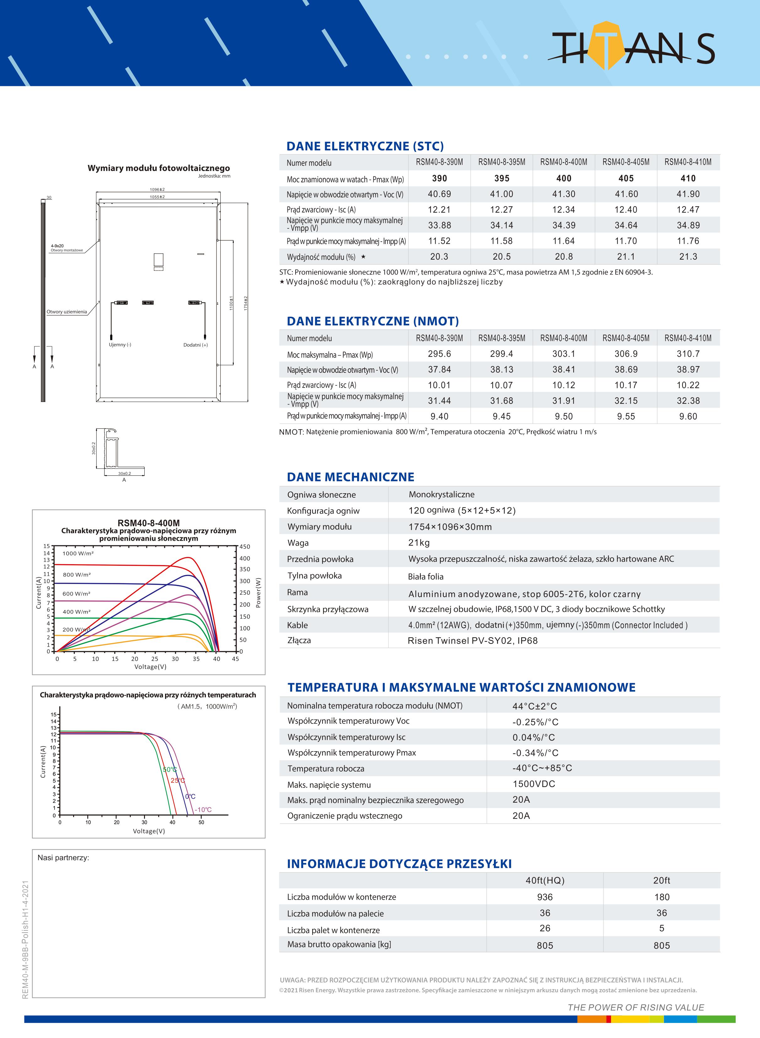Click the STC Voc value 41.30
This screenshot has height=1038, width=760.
click(x=564, y=194)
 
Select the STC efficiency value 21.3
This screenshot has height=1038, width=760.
click(x=688, y=257)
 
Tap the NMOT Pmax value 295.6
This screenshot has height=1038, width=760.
click(x=439, y=354)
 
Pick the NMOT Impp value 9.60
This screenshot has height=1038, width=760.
click(x=688, y=416)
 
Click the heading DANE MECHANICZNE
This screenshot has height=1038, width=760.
click(x=350, y=477)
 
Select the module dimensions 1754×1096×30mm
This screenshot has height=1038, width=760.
click(x=450, y=527)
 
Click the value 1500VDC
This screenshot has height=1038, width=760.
click(x=534, y=784)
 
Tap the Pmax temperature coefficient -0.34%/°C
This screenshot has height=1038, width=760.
click(x=535, y=753)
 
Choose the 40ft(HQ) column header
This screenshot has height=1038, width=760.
click(x=545, y=880)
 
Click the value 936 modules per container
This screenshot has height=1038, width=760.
click(x=545, y=897)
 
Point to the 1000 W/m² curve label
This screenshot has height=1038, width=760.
click(x=78, y=553)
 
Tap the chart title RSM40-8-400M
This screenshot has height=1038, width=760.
click(x=149, y=523)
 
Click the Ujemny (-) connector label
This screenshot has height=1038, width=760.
click(x=120, y=345)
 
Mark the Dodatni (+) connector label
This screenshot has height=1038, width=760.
click(x=195, y=345)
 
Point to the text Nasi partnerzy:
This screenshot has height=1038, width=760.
click(x=63, y=858)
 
